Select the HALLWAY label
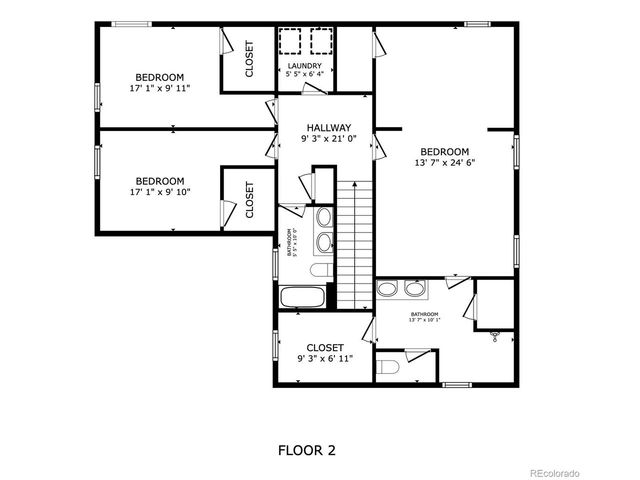click(x=328, y=127)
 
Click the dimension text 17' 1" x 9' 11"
click(x=160, y=89)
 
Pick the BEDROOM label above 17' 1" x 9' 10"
click(x=160, y=181)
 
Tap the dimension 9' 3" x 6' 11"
click(x=325, y=358)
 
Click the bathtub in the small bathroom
click(x=301, y=297)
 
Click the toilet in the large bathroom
click(x=389, y=366)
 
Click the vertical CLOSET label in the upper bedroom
click(x=249, y=59)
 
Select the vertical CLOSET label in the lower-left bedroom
click(x=249, y=199)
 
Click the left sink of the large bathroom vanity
click(x=389, y=290)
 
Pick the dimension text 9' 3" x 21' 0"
click(x=328, y=139)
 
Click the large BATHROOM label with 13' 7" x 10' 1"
click(x=424, y=317)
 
